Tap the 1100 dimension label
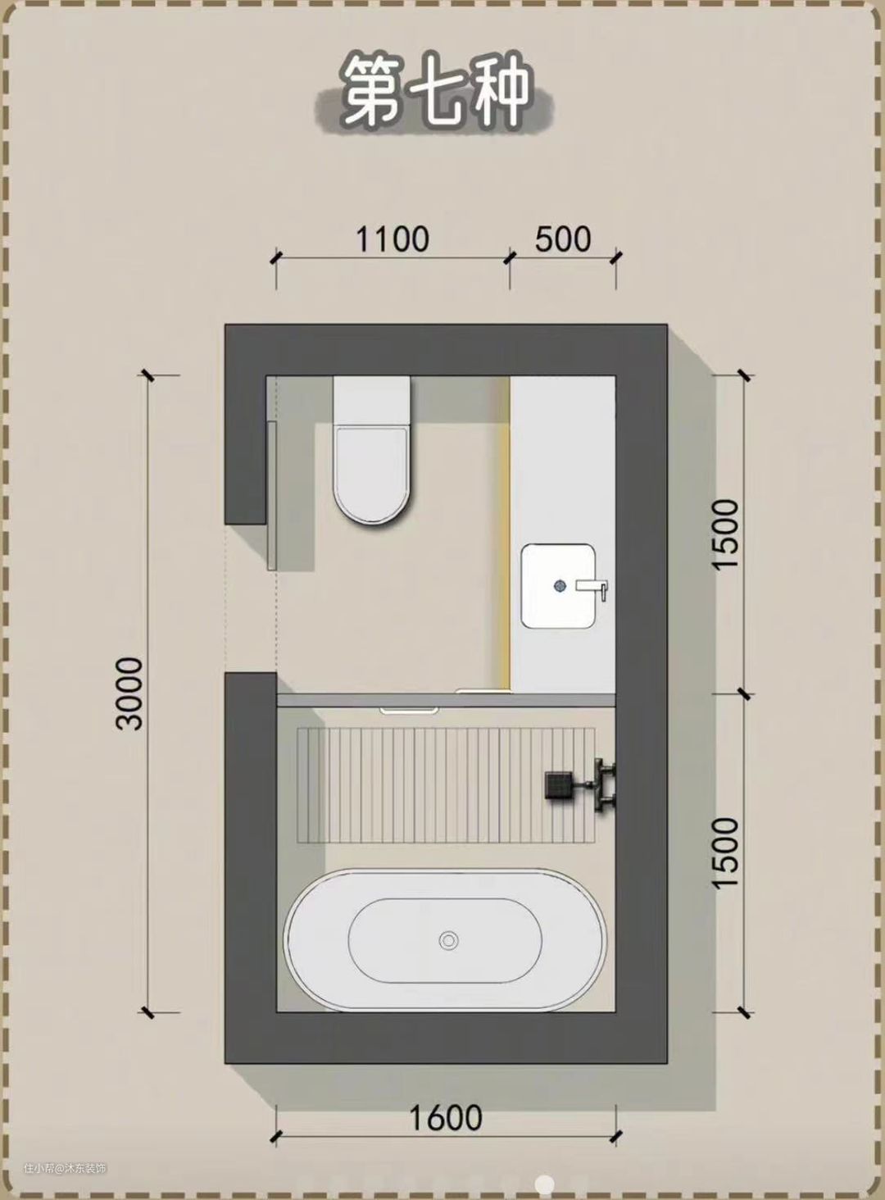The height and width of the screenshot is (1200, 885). [x=393, y=239]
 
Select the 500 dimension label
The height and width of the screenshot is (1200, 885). [x=563, y=239]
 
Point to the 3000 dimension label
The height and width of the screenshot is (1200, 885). [x=130, y=693]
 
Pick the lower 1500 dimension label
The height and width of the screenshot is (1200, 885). [x=726, y=852]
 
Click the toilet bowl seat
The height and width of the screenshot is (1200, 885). [x=372, y=475]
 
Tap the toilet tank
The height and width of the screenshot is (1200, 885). [x=372, y=401]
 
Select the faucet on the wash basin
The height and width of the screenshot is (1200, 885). [x=592, y=588]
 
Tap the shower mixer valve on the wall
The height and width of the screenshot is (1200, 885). [x=605, y=785]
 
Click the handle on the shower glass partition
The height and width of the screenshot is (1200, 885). [x=409, y=711]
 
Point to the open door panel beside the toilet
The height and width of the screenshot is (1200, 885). [x=272, y=496]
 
